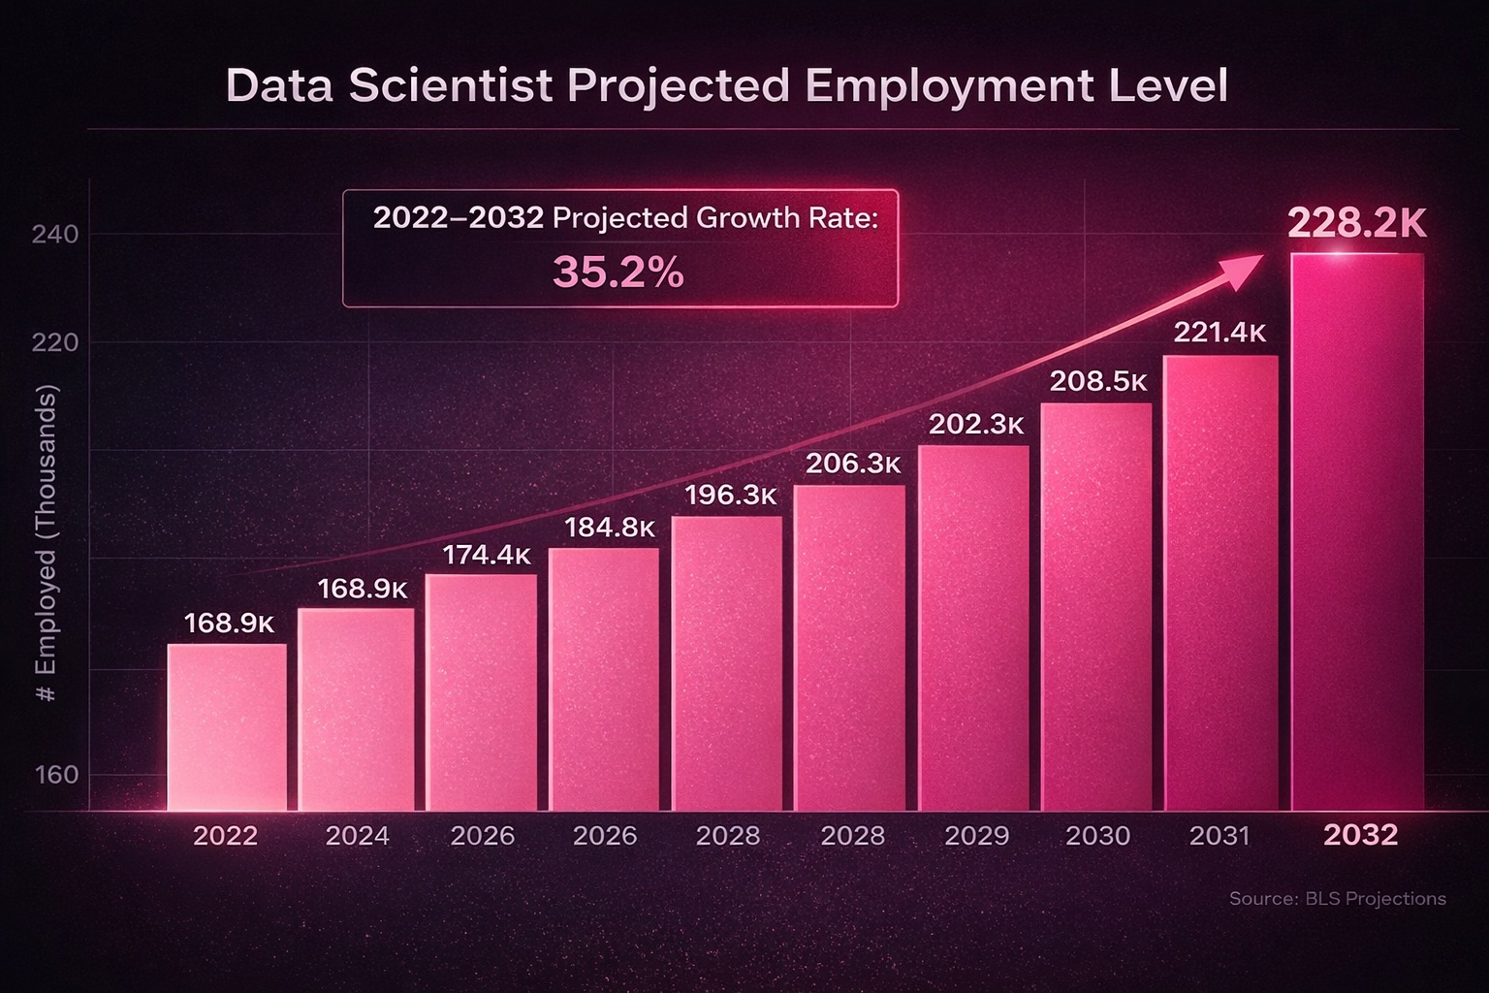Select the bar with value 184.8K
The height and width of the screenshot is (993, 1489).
tap(604, 679)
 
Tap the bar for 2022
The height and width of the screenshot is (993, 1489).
tap(227, 727)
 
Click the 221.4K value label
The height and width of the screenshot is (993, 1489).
tap(1220, 333)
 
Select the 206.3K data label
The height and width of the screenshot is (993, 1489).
tap(853, 464)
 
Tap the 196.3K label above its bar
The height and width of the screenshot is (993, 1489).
tap(731, 495)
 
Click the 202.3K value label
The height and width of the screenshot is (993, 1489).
tap(976, 425)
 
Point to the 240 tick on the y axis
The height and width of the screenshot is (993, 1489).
tap(55, 235)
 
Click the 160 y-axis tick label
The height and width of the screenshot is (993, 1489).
tap(55, 775)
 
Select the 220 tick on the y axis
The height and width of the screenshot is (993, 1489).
tap(55, 343)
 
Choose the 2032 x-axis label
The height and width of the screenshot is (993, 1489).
tap(1361, 835)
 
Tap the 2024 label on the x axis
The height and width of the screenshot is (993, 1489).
tap(358, 836)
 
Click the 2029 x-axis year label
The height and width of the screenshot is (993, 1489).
tap(976, 836)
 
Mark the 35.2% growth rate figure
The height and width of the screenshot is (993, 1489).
tap(618, 272)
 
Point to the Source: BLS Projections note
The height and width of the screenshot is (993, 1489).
tap(1337, 899)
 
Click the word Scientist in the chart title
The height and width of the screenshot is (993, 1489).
tap(451, 85)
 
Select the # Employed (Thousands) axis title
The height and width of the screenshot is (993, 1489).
tap(47, 543)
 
